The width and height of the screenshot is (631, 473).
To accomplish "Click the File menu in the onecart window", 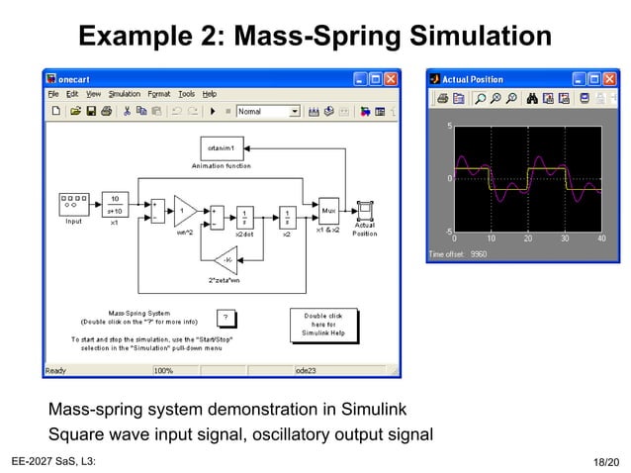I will pyautogui.click(x=53, y=94).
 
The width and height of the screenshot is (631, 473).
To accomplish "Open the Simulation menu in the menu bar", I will pyautogui.click(x=125, y=94).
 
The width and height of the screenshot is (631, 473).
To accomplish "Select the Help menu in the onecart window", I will pyautogui.click(x=209, y=94).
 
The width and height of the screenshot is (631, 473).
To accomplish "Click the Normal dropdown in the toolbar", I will pyautogui.click(x=267, y=112).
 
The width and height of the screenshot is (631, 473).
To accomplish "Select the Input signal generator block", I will pyautogui.click(x=74, y=204).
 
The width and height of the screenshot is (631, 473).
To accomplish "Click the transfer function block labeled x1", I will pyautogui.click(x=114, y=204).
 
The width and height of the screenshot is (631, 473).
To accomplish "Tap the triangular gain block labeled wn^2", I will pyautogui.click(x=184, y=211).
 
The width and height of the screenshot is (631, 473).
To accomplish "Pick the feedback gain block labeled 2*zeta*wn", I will pyautogui.click(x=225, y=261).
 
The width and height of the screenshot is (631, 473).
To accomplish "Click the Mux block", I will pyautogui.click(x=328, y=211).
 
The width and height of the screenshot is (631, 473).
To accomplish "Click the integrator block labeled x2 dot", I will pyautogui.click(x=243, y=217).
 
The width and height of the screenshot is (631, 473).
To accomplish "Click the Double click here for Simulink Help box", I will pyautogui.click(x=322, y=325).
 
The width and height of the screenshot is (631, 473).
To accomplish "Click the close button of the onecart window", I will pyautogui.click(x=391, y=79).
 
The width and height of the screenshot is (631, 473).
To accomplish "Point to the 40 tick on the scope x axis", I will pyautogui.click(x=600, y=238).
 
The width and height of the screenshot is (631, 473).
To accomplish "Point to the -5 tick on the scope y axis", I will pyautogui.click(x=448, y=232).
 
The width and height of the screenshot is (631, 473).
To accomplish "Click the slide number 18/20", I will pyautogui.click(x=605, y=462).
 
